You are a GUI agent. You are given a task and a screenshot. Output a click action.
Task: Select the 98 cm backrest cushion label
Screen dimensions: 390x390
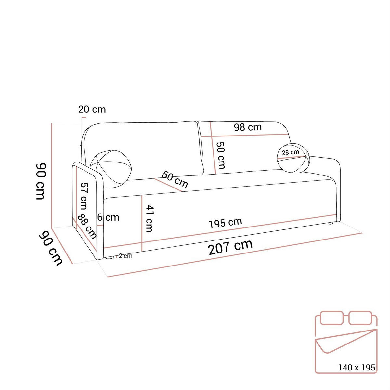tap(248, 127)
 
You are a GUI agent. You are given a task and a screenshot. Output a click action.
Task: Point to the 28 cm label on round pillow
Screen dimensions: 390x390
tap(290, 152)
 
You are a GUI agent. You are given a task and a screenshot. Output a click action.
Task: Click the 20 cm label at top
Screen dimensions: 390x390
tap(92, 109)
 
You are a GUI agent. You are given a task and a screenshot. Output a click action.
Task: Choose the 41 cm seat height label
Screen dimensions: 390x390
tap(149, 218)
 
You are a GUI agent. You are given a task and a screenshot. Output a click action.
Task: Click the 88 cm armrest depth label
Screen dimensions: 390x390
tap(87, 227)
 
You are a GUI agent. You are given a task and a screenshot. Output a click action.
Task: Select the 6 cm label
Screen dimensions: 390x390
tap(109, 217)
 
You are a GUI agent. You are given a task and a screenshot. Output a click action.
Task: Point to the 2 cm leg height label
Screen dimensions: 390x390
tap(125, 256)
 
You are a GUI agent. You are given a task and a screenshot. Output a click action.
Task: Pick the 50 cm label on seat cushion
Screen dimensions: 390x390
tap(175, 179)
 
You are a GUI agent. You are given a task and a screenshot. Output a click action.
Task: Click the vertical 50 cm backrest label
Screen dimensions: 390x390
tap(221, 155)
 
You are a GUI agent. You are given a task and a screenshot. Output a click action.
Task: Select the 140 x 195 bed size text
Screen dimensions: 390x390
tap(357, 368)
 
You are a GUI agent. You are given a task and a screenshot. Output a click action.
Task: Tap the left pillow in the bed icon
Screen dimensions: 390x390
tap(331, 318)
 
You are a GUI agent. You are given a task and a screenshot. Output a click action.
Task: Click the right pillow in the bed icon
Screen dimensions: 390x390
tap(360, 318)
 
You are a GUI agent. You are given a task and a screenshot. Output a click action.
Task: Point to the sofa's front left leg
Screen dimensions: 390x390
tap(109, 258)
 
